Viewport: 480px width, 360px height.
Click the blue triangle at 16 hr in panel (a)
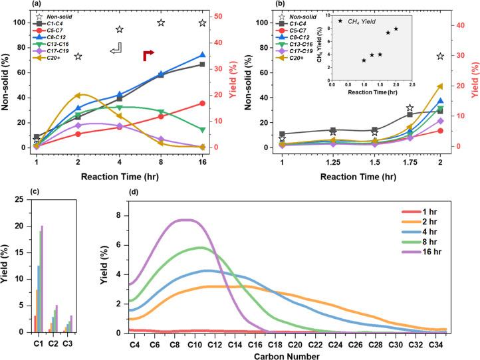202,56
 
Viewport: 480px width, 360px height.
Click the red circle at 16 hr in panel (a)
202,103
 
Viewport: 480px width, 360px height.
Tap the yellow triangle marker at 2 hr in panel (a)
78,96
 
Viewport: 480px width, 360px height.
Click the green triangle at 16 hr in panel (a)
202,130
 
